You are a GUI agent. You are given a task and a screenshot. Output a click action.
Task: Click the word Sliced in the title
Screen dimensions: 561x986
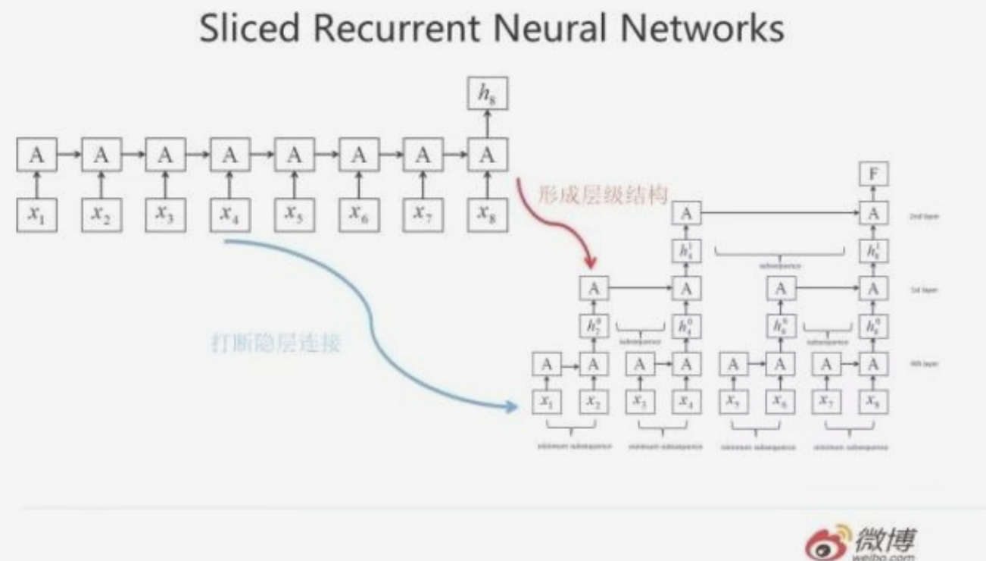(x=248, y=31)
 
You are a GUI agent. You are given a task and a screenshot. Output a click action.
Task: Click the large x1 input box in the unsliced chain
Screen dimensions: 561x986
(x=36, y=215)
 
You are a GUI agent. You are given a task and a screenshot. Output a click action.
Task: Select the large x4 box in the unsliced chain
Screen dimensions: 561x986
(x=229, y=215)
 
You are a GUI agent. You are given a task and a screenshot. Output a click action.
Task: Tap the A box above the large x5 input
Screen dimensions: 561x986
(x=294, y=155)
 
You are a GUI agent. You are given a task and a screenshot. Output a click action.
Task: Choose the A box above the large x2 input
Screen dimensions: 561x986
(x=101, y=155)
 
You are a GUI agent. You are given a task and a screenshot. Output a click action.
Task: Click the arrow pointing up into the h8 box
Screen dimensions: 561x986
(x=488, y=121)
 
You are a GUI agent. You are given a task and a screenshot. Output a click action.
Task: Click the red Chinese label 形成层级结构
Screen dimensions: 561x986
(x=602, y=195)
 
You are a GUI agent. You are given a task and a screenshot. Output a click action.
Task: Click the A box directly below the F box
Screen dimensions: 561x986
(x=874, y=214)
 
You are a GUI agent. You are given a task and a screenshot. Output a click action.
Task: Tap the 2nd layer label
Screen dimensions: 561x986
(x=923, y=216)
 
